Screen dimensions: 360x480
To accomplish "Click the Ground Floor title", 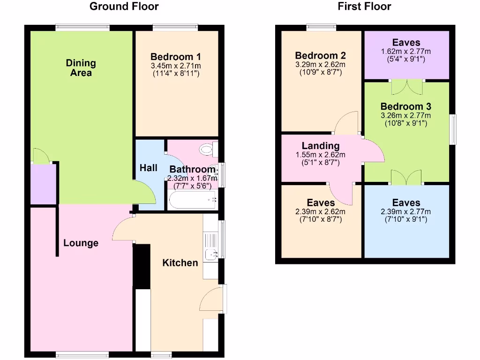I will click(x=124, y=7).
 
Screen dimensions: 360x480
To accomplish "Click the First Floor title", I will click(x=364, y=7).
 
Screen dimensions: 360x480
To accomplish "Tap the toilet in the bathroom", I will click(x=206, y=150).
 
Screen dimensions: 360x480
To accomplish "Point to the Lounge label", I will click(x=81, y=243).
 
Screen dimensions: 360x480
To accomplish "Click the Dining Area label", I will click(x=81, y=68).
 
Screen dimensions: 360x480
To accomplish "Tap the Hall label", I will click(x=148, y=167).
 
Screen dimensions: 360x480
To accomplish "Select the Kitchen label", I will click(x=180, y=262).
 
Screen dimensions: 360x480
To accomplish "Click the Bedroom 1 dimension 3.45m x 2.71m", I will click(x=177, y=66).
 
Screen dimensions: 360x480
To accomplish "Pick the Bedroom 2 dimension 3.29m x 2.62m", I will click(x=321, y=65).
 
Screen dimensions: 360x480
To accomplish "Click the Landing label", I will click(x=321, y=146).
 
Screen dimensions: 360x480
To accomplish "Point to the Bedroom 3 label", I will click(x=406, y=106).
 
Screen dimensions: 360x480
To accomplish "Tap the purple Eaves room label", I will click(x=406, y=43).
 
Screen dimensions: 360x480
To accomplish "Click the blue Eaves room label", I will click(x=406, y=203).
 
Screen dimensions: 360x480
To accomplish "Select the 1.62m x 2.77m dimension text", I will click(x=406, y=51).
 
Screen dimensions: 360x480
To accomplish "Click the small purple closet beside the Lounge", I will click(x=43, y=184).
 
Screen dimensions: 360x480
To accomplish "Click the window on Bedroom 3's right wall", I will click(x=453, y=129).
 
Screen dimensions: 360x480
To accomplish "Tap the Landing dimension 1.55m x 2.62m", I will click(x=321, y=155).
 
